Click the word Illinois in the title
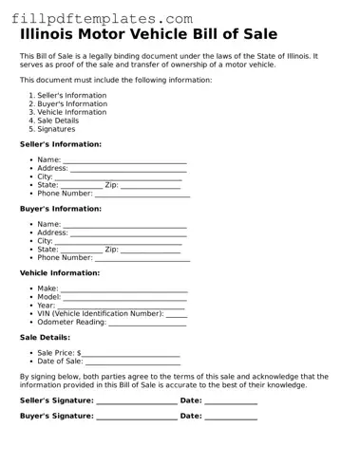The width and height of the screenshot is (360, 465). (x=55, y=35)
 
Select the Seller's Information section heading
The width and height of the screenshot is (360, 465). (x=61, y=143)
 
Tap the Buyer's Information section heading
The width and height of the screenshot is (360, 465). (x=60, y=208)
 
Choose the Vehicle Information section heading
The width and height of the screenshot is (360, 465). (x=60, y=272)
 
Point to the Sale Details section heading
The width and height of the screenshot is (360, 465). (x=45, y=337)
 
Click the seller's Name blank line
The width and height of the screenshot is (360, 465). (x=124, y=160)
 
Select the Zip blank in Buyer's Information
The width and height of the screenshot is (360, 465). (x=150, y=250)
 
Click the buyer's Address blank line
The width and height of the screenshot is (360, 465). (x=128, y=232)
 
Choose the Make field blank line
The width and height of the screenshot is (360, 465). (x=124, y=288)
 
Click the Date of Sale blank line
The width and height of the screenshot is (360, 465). (x=133, y=362)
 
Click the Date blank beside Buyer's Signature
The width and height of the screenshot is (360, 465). (x=231, y=417)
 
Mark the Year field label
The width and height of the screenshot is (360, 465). (x=47, y=305)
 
